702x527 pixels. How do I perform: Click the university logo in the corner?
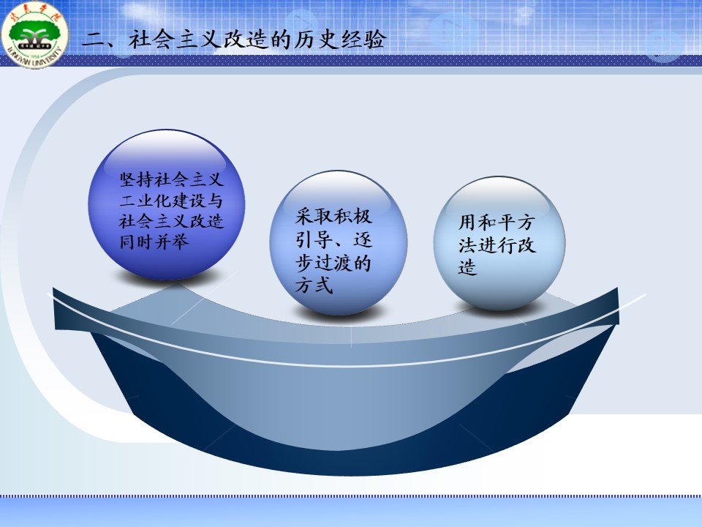coord(34,34)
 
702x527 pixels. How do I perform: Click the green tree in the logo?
coord(35,32)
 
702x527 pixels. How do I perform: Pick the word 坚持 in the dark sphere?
coord(136,180)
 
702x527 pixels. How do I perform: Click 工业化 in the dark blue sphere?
coord(145,201)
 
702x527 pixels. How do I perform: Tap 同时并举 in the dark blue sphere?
coord(154,242)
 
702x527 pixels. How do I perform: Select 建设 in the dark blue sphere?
coord(189,201)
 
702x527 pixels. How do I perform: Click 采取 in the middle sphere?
coord(314,217)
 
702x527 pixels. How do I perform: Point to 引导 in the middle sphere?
coord(314,240)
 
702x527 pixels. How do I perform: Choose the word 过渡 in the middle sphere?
coord(333,263)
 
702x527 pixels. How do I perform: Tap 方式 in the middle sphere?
coord(314,286)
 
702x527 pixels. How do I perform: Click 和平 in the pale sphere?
coord(497,223)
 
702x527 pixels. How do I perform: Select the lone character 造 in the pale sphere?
coord(468,268)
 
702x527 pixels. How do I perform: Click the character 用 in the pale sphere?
coord(468,223)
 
